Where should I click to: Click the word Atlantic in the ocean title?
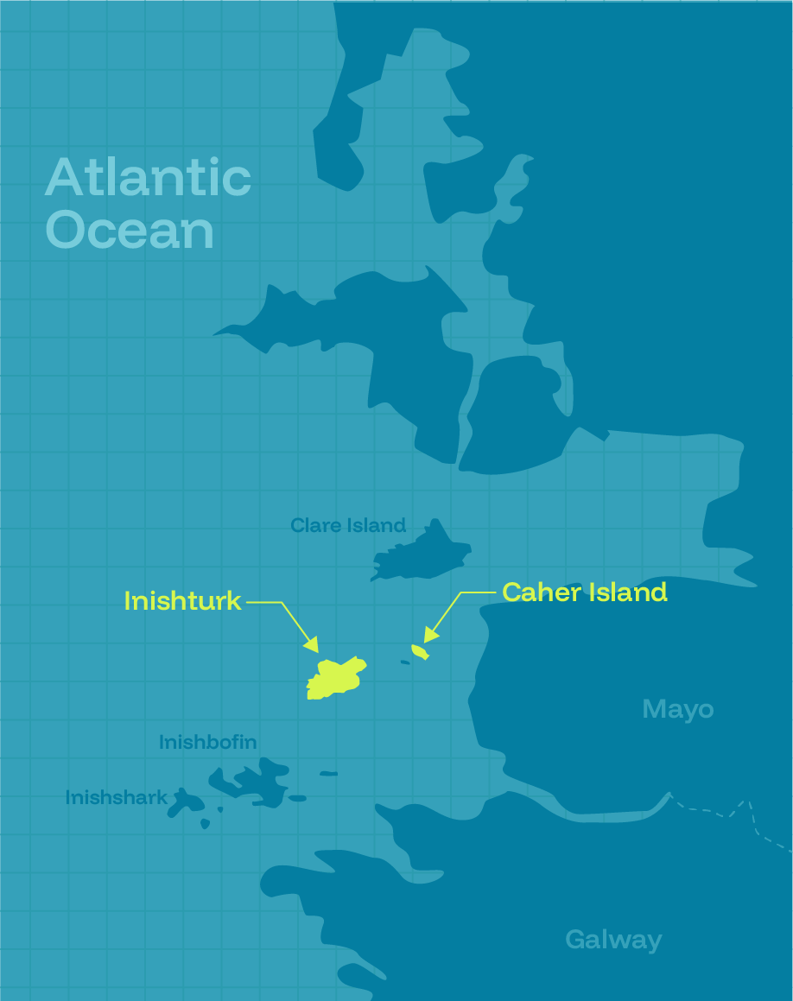[148, 178]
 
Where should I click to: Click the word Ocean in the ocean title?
[130, 230]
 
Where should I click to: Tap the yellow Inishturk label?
[182, 601]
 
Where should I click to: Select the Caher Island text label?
[584, 592]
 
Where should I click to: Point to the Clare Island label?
[347, 525]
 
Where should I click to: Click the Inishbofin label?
[207, 742]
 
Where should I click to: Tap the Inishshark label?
[116, 797]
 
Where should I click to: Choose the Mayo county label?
[678, 709]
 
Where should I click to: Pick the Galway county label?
[613, 940]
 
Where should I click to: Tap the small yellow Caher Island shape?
[420, 651]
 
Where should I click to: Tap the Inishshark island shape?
[187, 802]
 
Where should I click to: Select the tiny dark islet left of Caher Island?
[405, 662]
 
